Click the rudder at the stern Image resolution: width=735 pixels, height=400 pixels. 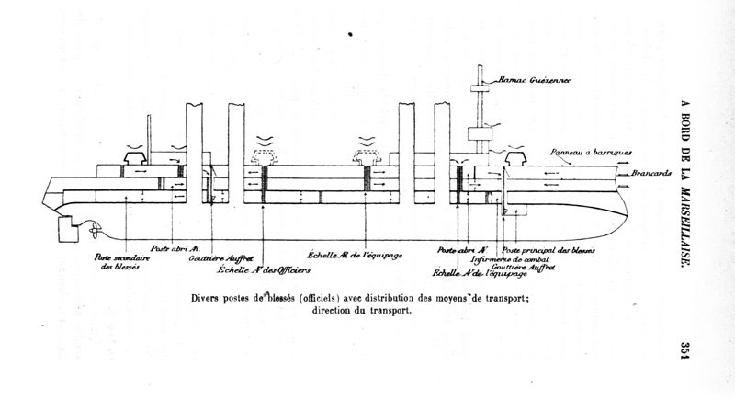pyautogui.click(x=67, y=227)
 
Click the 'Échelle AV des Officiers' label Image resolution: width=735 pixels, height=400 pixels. pyautogui.click(x=264, y=270)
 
